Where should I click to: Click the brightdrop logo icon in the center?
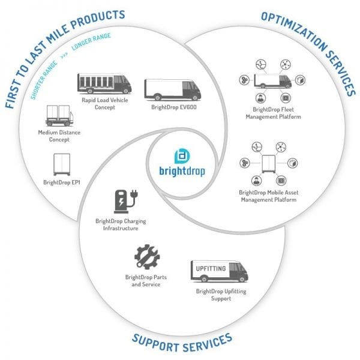coord(182,156)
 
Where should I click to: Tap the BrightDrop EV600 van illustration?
coord(173,90)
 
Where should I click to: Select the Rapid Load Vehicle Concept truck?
coord(104,83)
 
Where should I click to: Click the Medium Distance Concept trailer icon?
coord(59,115)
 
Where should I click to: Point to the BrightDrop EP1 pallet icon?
coord(62,164)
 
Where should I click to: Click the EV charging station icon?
coord(126,202)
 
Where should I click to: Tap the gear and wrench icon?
coord(147,257)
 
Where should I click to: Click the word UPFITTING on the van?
coord(211,268)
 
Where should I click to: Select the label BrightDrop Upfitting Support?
coord(221,295)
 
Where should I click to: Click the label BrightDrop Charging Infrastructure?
coord(121,224)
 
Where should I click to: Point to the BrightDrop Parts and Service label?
coord(146,281)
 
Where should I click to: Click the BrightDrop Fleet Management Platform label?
coord(273,113)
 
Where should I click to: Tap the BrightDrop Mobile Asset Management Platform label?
coord(269,196)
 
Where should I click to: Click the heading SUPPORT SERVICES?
coord(182,344)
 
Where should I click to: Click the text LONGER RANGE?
coord(91,41)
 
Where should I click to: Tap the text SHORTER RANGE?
coord(44,80)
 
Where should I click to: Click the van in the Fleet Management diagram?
coord(273,81)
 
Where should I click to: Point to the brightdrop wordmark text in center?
coord(182,171)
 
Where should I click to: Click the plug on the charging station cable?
coord(134,194)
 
